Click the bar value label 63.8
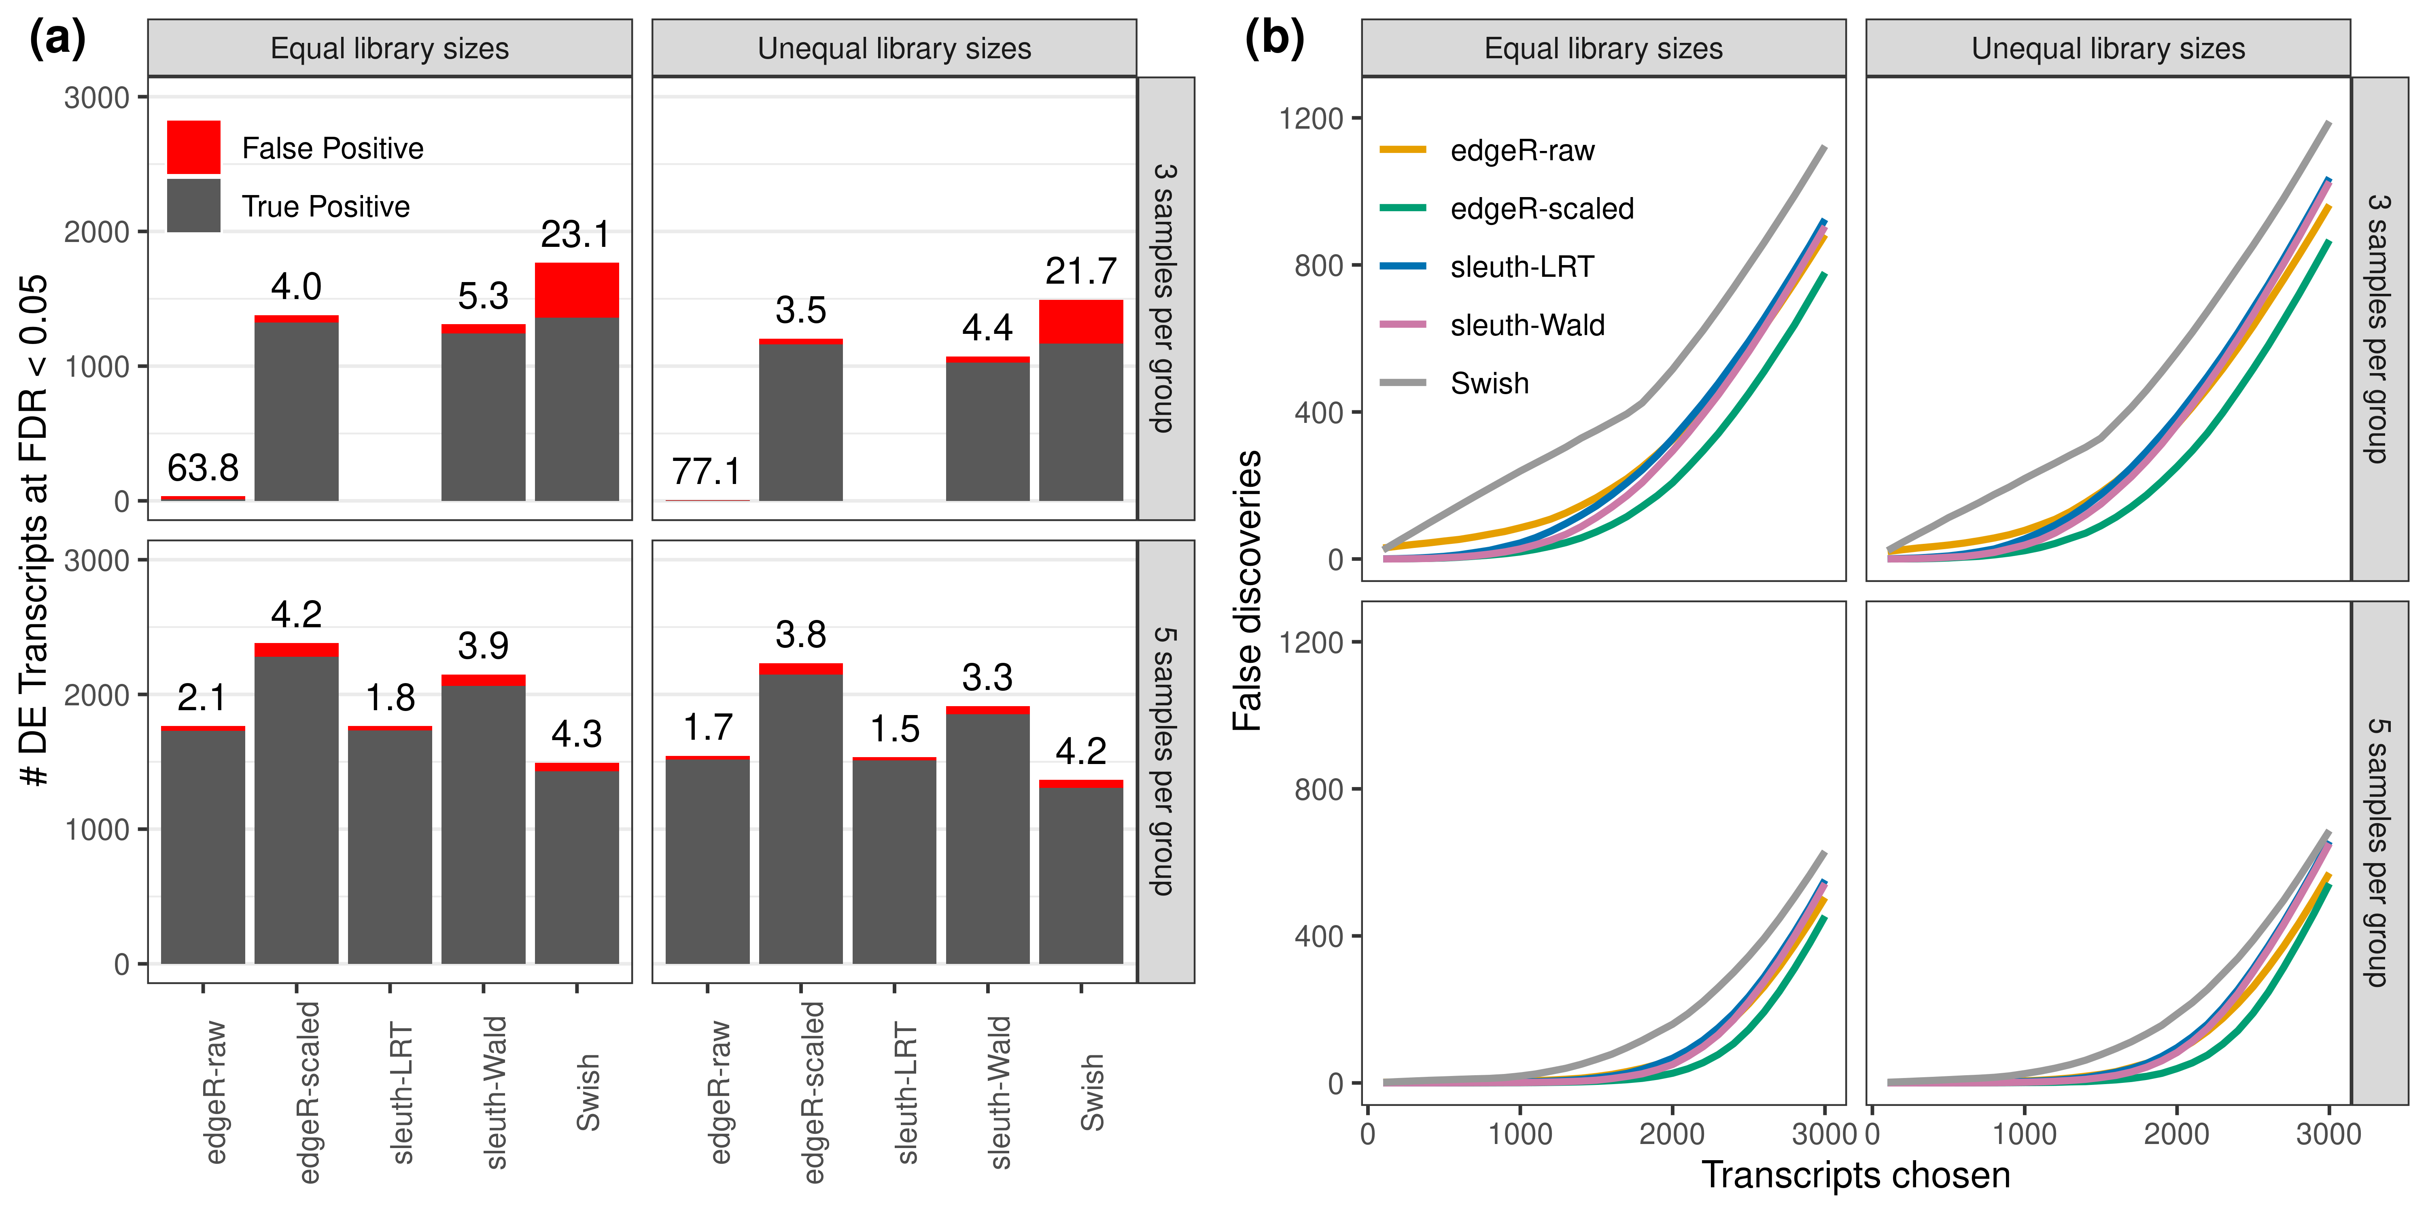[x=203, y=467]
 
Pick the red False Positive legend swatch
[x=193, y=147]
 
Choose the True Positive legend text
[x=325, y=206]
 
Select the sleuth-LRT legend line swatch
[x=1403, y=267]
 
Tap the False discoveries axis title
[x=1247, y=591]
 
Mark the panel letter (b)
[x=1274, y=40]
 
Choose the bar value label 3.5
[x=800, y=310]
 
